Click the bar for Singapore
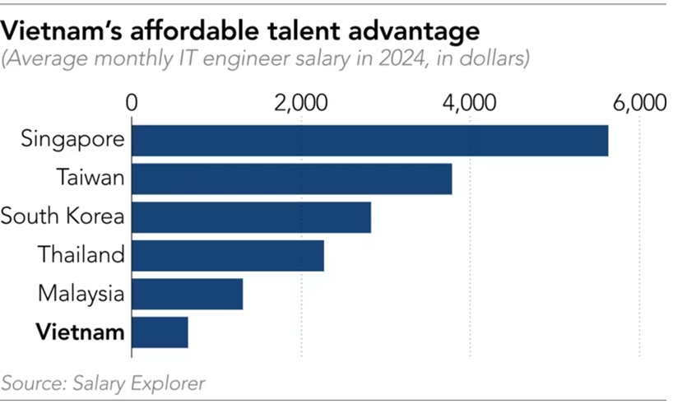click(370, 141)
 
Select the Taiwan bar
click(292, 179)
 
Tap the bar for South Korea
click(252, 217)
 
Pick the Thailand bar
click(228, 255)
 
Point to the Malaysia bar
click(188, 294)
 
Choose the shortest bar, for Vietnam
click(160, 332)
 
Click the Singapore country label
click(75, 139)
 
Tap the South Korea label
click(63, 216)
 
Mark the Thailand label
click(81, 255)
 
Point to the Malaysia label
click(81, 294)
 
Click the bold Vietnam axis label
click(81, 332)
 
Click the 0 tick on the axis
click(132, 104)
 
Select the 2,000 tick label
click(300, 104)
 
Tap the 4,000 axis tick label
click(470, 104)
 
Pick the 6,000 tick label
click(638, 104)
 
